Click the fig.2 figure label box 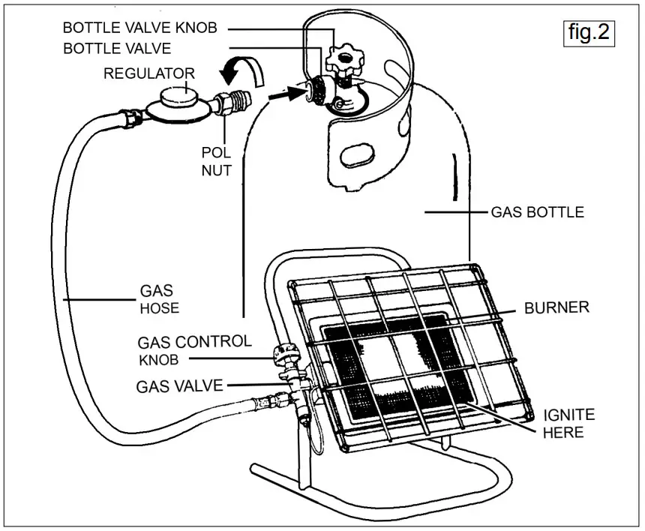pyautogui.click(x=589, y=33)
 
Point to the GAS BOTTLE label pyautogui.click(x=536, y=212)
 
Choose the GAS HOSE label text pyautogui.click(x=158, y=299)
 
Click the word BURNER pyautogui.click(x=556, y=307)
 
